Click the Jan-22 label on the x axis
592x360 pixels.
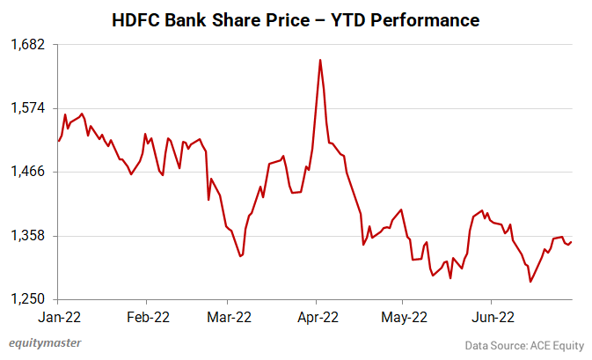[x=58, y=317]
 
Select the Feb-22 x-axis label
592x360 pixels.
[x=148, y=317]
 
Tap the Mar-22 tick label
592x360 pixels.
[x=230, y=317]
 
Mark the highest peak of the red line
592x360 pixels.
[x=320, y=60]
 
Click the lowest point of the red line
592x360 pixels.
[x=530, y=282]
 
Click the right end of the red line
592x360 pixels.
[x=572, y=242]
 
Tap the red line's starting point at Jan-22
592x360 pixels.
[x=58, y=141]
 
